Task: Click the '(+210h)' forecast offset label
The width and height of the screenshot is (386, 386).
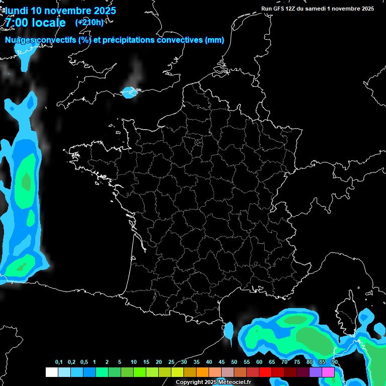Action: tap(89, 22)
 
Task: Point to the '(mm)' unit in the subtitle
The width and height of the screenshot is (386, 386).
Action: tap(215, 40)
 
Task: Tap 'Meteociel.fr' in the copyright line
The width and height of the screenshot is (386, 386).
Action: tap(235, 382)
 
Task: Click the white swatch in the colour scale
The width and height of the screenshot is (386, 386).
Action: tap(51, 372)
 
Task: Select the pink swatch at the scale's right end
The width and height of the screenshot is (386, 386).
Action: tap(328, 372)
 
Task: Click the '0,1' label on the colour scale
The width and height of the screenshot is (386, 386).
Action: tap(59, 362)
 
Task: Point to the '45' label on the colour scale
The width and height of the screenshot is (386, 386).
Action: tap(222, 362)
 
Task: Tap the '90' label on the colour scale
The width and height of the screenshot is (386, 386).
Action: tap(334, 362)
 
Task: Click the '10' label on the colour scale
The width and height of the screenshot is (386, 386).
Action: tap(134, 362)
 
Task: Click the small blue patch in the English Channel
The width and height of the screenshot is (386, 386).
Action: tap(130, 92)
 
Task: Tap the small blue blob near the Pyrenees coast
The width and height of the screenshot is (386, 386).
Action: tap(229, 331)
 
